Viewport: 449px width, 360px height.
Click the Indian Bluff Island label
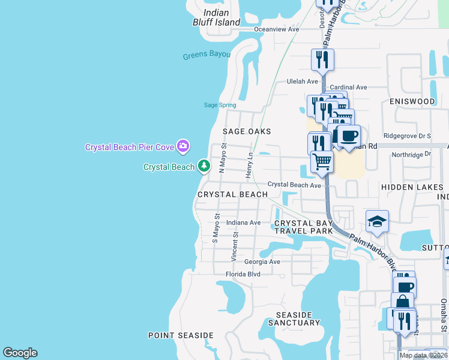pos(221,17)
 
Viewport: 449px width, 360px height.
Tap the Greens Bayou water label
pos(206,55)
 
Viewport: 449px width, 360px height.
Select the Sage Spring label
pos(220,105)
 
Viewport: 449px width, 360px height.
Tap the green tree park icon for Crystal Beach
pos(204,166)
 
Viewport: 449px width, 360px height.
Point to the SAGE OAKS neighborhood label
pos(247,131)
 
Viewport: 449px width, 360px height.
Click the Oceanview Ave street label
pos(276,29)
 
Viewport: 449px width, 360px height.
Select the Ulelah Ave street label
pos(302,82)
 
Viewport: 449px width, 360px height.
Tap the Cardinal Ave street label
pos(348,87)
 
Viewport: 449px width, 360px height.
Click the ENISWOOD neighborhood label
pos(412,101)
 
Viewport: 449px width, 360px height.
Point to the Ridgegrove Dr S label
pos(408,136)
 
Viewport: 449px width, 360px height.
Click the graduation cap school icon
pos(377,222)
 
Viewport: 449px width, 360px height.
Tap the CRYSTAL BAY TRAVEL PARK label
pos(303,227)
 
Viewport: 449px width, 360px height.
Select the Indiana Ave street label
pos(243,223)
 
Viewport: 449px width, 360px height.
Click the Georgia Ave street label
pos(262,262)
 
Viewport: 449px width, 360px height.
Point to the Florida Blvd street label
pos(243,274)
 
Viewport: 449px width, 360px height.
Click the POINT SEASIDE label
pos(181,335)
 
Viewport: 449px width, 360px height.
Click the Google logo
pos(20,353)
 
